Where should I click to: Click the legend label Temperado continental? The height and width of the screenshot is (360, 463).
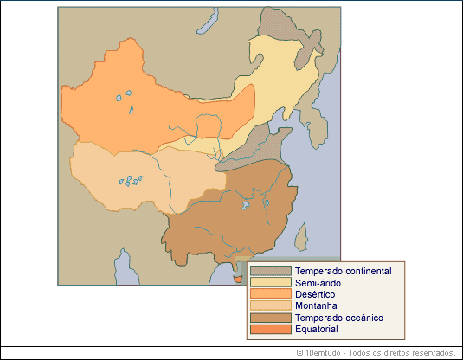(343, 271)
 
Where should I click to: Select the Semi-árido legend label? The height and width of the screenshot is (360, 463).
(318, 283)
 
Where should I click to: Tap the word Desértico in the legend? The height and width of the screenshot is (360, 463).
(315, 294)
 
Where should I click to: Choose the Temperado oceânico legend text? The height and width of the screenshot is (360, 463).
(338, 318)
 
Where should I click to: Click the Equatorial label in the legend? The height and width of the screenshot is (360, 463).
(317, 329)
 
